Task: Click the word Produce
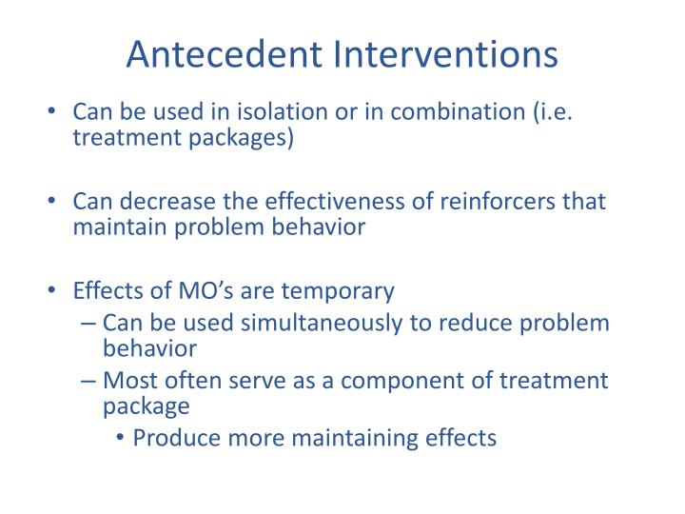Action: (178, 438)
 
